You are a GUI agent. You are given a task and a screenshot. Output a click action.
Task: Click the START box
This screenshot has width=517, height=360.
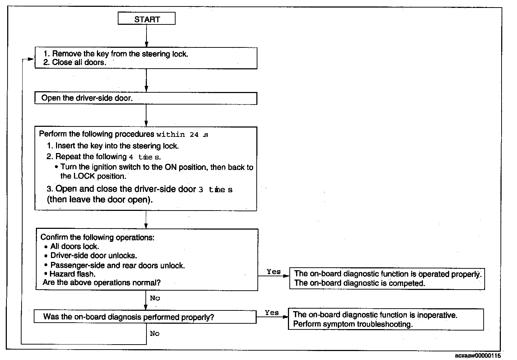(146, 19)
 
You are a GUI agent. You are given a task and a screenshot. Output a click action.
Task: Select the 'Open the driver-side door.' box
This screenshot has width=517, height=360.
(146, 98)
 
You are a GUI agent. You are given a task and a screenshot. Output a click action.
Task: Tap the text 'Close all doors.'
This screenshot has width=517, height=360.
(79, 63)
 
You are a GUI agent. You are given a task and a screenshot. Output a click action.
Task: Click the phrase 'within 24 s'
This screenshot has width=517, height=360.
(182, 135)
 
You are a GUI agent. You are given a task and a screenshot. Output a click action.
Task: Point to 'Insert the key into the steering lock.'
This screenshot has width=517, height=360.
(117, 146)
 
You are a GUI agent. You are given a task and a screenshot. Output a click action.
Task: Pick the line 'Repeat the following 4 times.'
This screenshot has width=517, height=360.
(108, 157)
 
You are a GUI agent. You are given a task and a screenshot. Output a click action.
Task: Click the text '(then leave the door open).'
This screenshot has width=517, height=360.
(100, 200)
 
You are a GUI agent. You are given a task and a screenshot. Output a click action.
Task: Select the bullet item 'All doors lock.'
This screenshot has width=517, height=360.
(74, 246)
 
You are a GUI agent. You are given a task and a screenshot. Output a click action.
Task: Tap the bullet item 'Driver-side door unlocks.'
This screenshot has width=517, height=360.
(93, 256)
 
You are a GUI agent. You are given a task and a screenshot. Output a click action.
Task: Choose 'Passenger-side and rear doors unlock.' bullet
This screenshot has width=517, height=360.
(117, 266)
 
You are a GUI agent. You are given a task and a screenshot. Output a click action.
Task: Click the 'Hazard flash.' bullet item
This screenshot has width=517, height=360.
(72, 274)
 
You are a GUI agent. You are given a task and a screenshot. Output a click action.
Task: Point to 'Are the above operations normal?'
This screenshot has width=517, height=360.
(102, 283)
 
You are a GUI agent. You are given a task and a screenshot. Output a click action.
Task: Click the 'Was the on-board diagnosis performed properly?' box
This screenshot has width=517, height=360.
(145, 317)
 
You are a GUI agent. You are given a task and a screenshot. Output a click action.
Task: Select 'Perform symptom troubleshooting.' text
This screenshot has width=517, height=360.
(353, 324)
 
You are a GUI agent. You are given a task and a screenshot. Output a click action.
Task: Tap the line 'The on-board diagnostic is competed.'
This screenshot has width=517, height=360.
(359, 283)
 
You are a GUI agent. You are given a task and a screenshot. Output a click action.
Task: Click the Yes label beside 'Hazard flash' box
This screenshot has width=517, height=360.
(274, 272)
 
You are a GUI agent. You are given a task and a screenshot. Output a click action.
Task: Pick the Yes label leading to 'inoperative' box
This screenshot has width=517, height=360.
(272, 313)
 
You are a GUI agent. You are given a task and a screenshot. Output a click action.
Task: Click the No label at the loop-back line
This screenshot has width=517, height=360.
(155, 333)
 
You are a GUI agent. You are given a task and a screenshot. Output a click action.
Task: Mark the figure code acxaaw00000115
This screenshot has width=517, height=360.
(477, 355)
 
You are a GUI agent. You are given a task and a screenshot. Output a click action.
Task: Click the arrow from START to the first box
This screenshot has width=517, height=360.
(146, 36)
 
